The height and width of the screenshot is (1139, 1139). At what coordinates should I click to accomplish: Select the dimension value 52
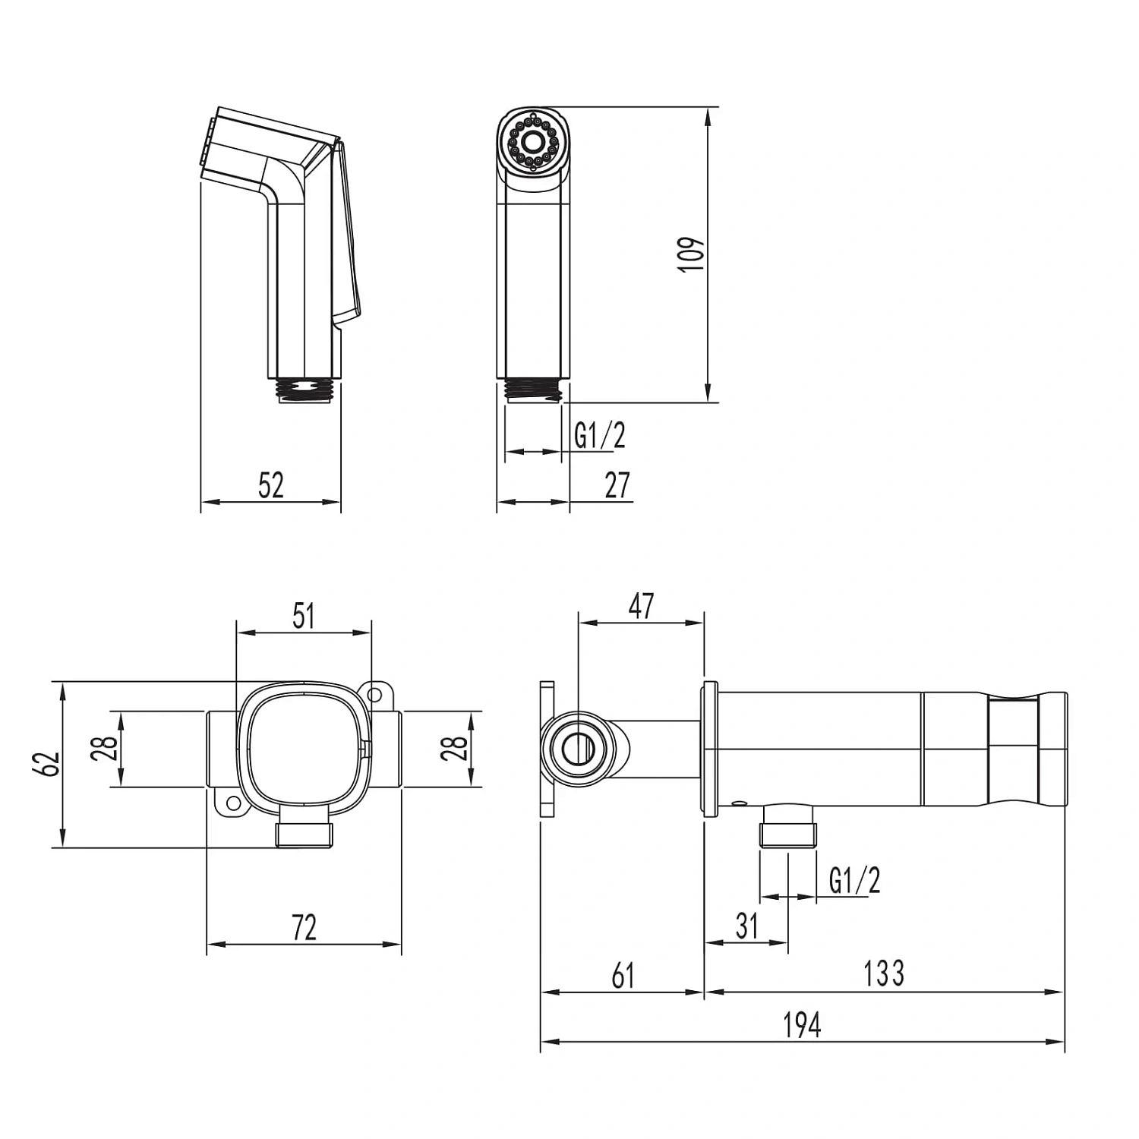tap(271, 485)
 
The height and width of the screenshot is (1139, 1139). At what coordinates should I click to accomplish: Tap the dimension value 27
tap(617, 485)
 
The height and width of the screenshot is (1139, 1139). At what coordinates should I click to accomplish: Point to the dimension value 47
tap(642, 606)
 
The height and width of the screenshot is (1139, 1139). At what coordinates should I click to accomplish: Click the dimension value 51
tap(304, 616)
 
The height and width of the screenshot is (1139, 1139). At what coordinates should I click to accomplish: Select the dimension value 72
tap(304, 928)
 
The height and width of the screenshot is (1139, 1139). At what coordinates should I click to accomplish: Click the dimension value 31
tap(747, 926)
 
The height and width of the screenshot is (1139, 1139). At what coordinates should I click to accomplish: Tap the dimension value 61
tap(623, 976)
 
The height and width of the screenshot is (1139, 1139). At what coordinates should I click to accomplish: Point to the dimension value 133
tap(884, 973)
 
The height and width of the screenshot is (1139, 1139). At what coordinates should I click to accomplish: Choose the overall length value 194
tap(803, 1025)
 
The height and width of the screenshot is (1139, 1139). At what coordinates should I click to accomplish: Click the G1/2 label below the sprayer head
tap(600, 436)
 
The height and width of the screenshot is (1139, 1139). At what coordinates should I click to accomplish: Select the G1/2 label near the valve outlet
tap(855, 881)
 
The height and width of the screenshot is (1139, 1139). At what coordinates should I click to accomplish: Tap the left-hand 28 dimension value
tap(109, 749)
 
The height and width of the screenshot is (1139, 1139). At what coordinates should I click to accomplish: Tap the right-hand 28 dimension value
tap(456, 749)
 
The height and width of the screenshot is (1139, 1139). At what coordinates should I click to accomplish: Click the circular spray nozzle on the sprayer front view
tap(533, 140)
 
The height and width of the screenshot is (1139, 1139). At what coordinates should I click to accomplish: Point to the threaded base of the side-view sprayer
tap(304, 390)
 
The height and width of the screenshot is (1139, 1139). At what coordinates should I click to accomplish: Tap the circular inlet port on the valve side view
tap(579, 748)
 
